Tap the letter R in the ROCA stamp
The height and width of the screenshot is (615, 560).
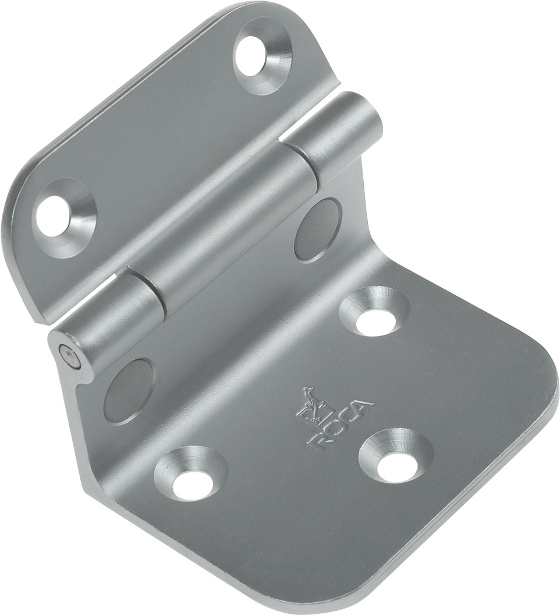(x=317, y=442)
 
